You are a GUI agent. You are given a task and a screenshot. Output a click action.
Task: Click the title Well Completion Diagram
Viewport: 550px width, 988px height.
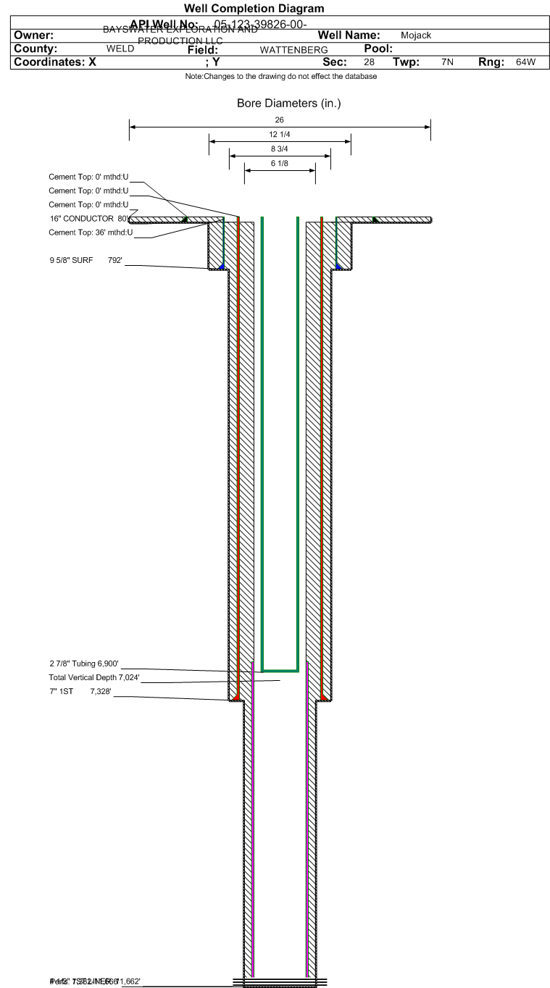254,8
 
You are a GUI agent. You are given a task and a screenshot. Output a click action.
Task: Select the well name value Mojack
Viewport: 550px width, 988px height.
416,35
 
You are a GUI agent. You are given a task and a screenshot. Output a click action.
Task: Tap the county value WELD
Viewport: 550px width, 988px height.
120,49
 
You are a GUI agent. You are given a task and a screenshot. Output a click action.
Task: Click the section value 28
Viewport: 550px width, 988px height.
369,63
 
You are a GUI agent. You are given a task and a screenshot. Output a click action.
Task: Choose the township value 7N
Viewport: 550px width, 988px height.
447,63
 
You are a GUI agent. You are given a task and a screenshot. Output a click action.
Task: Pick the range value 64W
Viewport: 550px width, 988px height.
525,63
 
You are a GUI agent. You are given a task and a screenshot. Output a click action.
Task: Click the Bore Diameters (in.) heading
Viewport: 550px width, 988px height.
288,104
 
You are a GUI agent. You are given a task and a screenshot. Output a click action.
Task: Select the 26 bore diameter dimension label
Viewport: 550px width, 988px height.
280,120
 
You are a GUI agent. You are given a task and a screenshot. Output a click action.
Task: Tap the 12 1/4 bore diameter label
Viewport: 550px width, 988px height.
280,135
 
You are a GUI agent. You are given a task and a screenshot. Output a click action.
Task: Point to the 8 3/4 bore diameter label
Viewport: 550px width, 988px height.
280,148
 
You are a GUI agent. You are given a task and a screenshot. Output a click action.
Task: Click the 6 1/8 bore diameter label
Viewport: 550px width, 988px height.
280,163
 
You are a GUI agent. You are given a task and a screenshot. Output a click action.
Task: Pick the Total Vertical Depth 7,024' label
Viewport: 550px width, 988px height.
93,678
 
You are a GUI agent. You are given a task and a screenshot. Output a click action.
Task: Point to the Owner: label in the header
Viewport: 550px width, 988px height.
34,35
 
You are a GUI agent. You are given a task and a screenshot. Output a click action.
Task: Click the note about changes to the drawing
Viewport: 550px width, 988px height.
280,77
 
